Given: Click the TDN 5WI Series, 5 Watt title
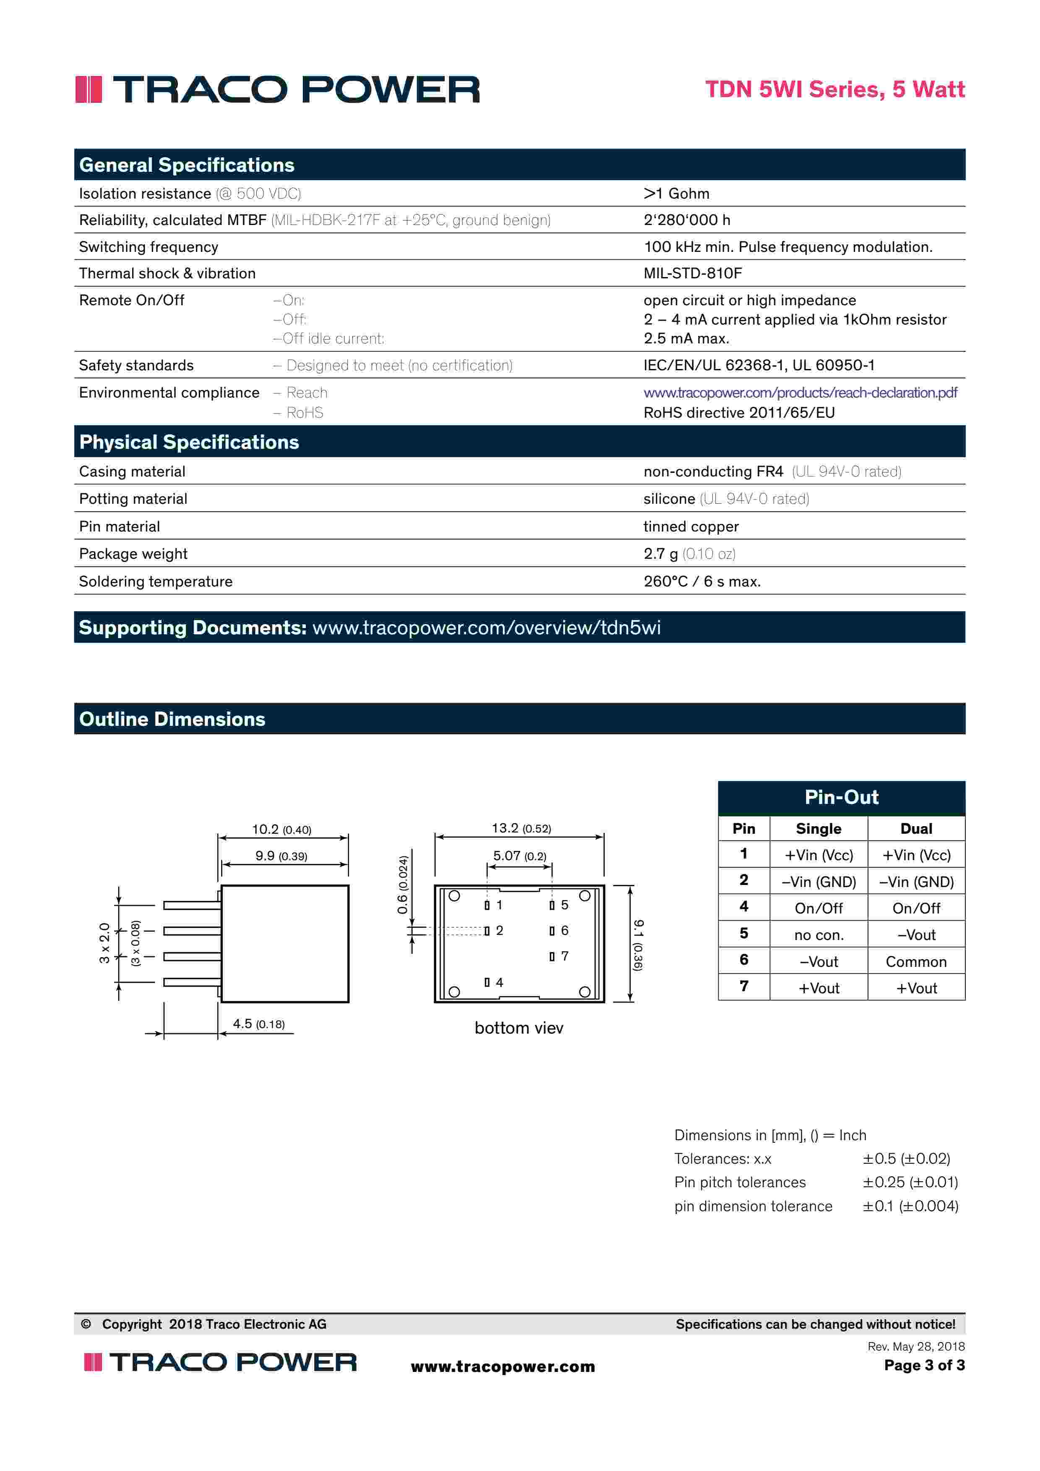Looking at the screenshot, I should [x=834, y=89].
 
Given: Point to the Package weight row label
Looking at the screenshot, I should [x=133, y=554].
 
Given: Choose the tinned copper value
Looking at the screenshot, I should [x=691, y=526].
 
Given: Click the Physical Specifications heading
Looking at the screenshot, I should [x=189, y=442].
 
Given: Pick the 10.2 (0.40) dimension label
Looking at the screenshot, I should [x=281, y=829].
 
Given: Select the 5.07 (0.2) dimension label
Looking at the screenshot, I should [x=519, y=856].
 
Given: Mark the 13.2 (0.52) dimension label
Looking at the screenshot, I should [x=521, y=828].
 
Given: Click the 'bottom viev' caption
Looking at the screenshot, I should [x=519, y=1028].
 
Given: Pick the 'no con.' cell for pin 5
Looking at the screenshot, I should [x=818, y=935].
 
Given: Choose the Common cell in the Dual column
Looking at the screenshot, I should [x=916, y=962].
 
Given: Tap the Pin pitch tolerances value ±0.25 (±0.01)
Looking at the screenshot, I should [x=910, y=1182].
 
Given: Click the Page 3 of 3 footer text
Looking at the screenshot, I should [x=924, y=1365].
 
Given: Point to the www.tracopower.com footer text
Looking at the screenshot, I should [x=503, y=1366].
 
